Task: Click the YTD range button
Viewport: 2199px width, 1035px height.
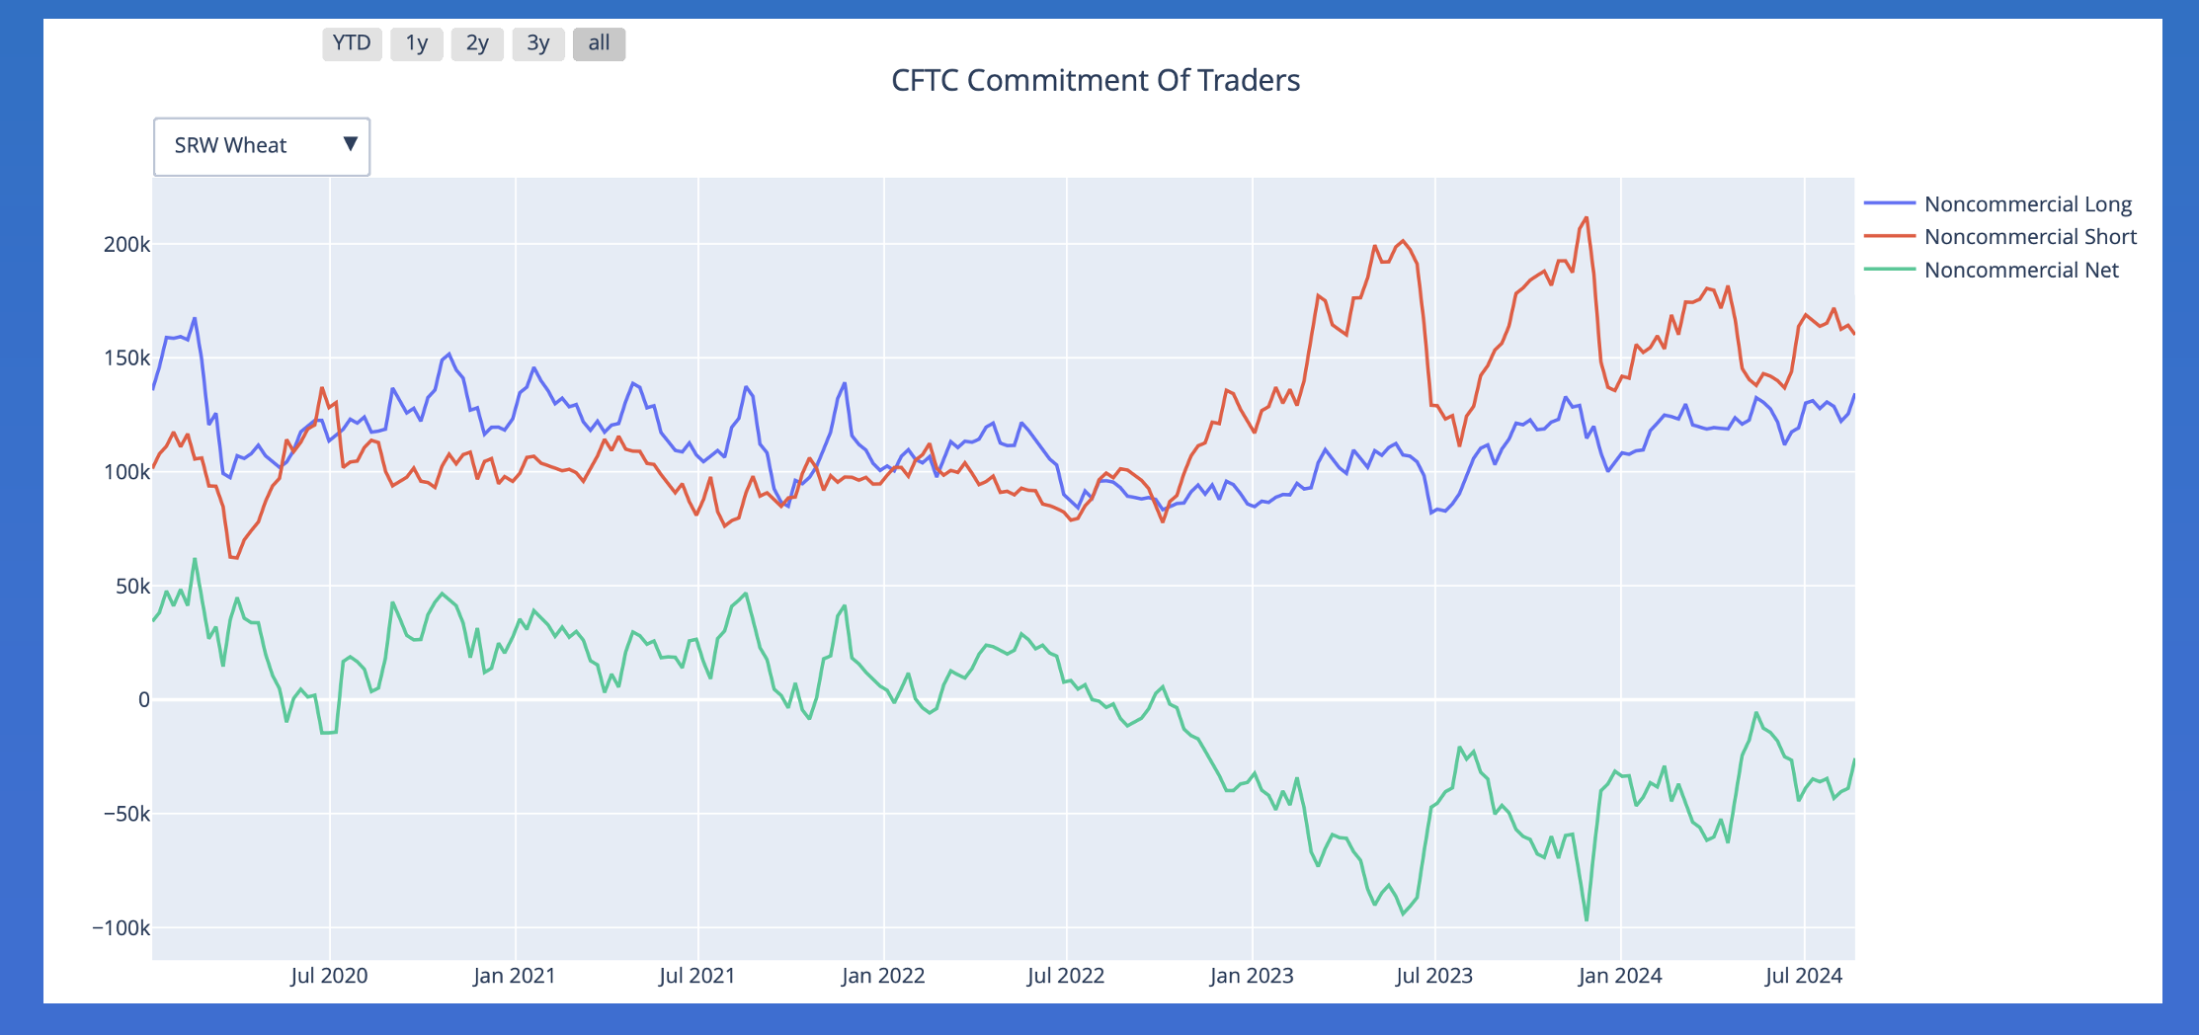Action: click(x=352, y=43)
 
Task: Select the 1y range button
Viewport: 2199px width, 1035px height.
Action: click(x=416, y=43)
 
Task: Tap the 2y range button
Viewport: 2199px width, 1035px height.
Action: click(x=477, y=43)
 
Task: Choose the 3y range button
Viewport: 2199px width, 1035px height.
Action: click(x=537, y=43)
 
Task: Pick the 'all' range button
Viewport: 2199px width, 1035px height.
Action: click(x=599, y=43)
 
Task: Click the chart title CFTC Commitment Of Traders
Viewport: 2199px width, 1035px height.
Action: click(x=1095, y=80)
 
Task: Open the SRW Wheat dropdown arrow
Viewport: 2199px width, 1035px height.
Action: click(x=350, y=145)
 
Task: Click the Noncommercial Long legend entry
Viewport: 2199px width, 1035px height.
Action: click(x=2027, y=204)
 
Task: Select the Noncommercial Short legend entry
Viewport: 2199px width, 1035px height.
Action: click(x=2030, y=237)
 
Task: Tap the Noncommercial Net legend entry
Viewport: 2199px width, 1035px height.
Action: click(x=2021, y=271)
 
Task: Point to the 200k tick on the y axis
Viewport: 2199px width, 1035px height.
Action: click(x=126, y=245)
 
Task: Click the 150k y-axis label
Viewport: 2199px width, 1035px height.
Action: click(x=126, y=358)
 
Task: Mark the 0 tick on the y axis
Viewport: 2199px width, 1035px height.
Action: click(x=144, y=700)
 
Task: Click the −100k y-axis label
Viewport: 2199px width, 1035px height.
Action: click(x=122, y=928)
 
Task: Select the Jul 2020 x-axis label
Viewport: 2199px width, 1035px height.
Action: click(x=329, y=976)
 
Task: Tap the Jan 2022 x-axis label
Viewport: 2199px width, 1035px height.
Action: click(x=883, y=976)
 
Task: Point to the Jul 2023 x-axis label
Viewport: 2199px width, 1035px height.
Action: click(x=1433, y=976)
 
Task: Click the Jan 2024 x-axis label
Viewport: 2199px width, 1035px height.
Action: click(x=1620, y=976)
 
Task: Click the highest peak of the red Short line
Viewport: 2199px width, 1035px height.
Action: click(x=1587, y=218)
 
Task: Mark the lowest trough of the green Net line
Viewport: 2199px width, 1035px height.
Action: click(x=1587, y=920)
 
